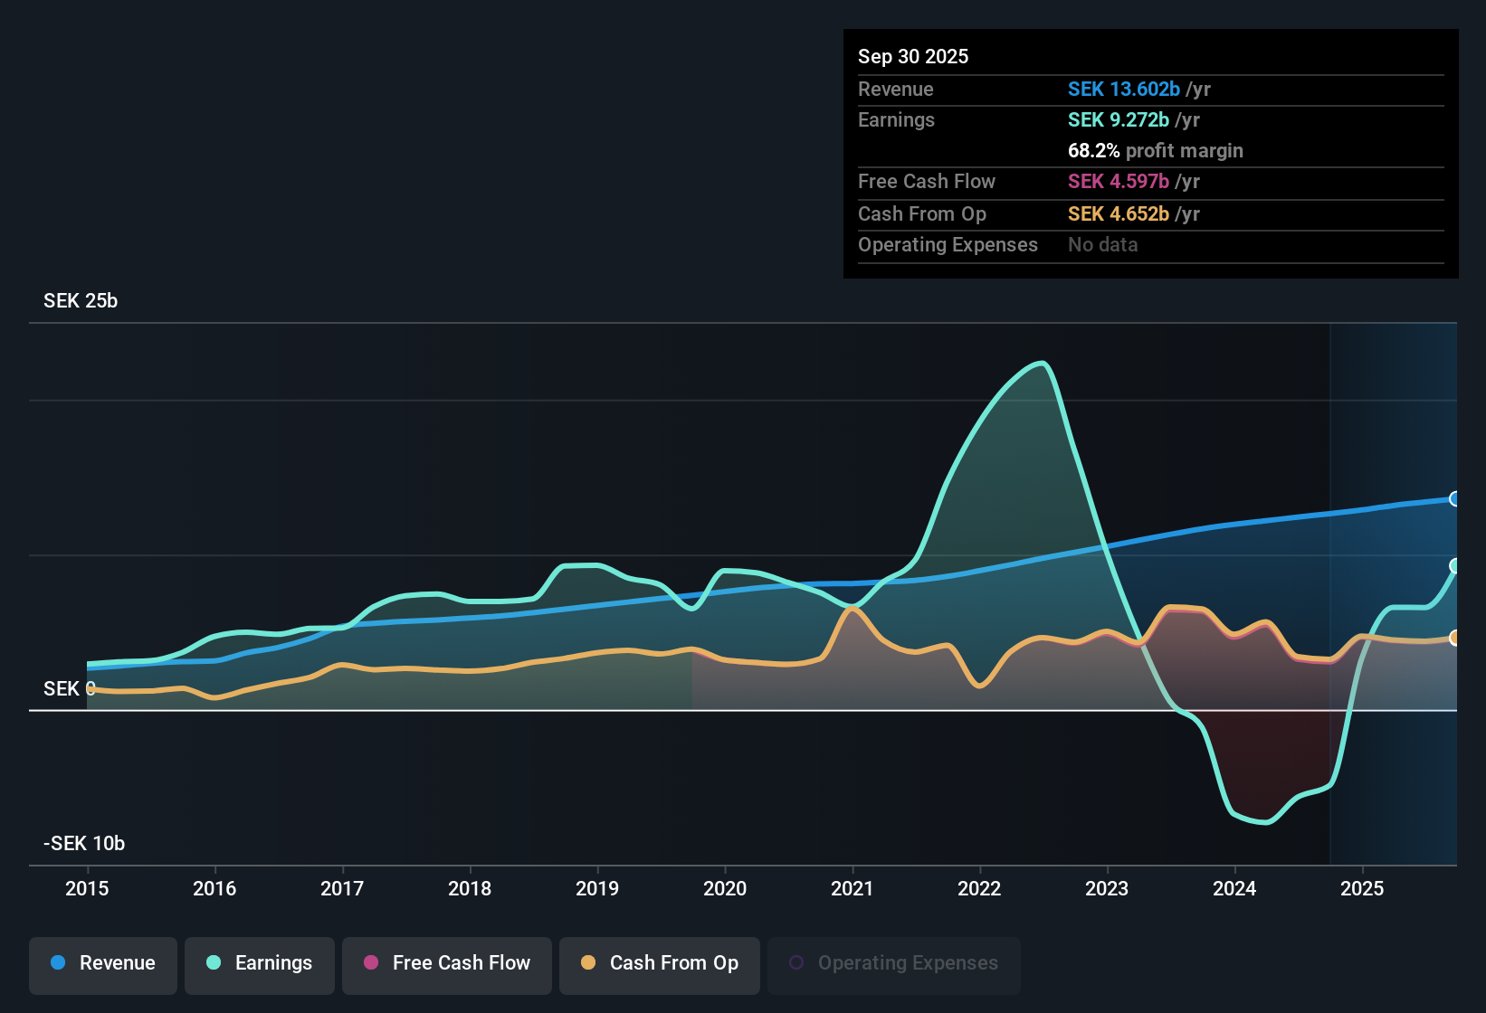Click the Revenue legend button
(x=103, y=963)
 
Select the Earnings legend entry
(x=260, y=963)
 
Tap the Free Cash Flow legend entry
(x=447, y=963)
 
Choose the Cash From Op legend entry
(x=660, y=963)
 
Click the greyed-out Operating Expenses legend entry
(x=894, y=963)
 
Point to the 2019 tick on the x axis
(x=597, y=888)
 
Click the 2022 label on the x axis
(x=979, y=888)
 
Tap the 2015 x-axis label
(x=87, y=888)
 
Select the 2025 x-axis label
(x=1362, y=888)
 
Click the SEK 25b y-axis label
(x=81, y=301)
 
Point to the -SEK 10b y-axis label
(x=84, y=844)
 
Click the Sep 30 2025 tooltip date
(x=913, y=57)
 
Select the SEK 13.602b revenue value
(x=1123, y=90)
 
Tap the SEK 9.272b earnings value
(x=1118, y=120)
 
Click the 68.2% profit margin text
(x=1155, y=151)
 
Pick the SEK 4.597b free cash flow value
(x=1118, y=182)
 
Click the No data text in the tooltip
(x=1102, y=245)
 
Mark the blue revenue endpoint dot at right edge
(x=1454, y=499)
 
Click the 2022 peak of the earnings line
(x=1043, y=364)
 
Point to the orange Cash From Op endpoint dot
(x=1454, y=639)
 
